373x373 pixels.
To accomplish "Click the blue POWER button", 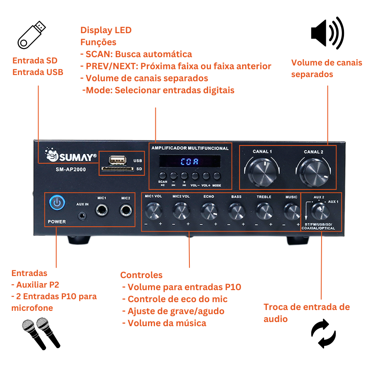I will click(x=57, y=203).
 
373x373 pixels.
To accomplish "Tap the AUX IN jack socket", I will click(x=83, y=215).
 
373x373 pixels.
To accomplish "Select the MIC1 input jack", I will click(x=102, y=211).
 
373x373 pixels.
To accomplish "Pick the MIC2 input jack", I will click(x=126, y=211).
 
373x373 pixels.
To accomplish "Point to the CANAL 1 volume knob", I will click(x=263, y=170).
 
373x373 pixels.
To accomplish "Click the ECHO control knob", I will click(x=209, y=211).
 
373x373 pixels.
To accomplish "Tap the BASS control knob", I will click(x=237, y=212).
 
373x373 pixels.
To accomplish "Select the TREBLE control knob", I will click(x=264, y=212).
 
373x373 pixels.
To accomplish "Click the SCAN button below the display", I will click(x=162, y=175).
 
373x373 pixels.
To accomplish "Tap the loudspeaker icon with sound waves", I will click(x=327, y=32).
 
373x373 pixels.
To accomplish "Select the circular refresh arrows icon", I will click(x=323, y=333).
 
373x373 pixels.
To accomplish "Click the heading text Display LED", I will click(x=106, y=30).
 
